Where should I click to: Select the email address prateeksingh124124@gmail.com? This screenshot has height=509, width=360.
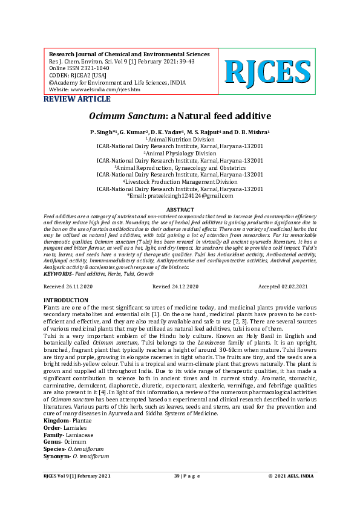pyautogui.click(x=180, y=196)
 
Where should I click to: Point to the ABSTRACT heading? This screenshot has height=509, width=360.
pyautogui.click(x=180, y=209)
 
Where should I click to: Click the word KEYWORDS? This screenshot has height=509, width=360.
pyautogui.click(x=58, y=274)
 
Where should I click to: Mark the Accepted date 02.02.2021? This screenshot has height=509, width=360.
pyautogui.click(x=283, y=286)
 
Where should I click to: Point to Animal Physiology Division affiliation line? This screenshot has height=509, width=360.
pyautogui.click(x=180, y=154)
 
